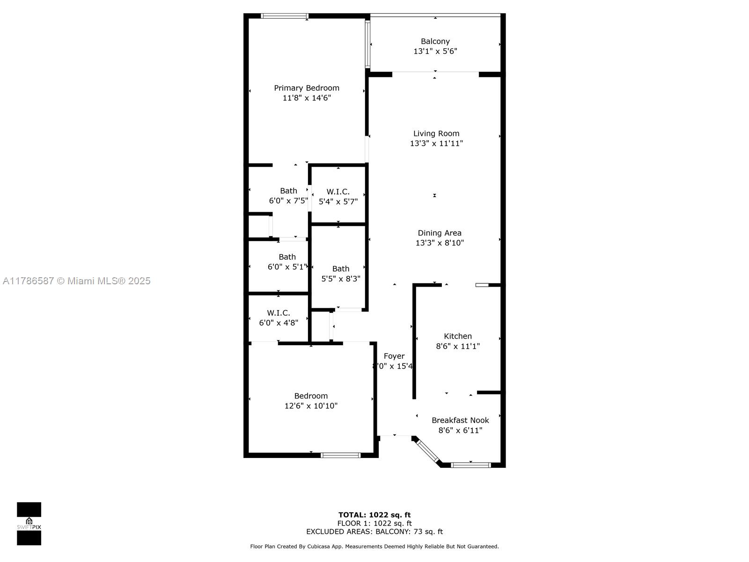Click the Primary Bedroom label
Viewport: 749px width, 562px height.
click(x=307, y=88)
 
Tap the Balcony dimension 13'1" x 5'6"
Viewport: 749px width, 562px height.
click(x=435, y=51)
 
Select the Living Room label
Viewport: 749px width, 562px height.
click(x=436, y=133)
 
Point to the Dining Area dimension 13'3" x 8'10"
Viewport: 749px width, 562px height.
click(x=440, y=243)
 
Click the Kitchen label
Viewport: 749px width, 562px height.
click(x=457, y=336)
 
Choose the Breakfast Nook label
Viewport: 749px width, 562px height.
click(x=460, y=421)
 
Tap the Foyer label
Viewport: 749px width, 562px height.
click(x=394, y=356)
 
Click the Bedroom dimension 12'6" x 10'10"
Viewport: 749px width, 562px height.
click(x=311, y=406)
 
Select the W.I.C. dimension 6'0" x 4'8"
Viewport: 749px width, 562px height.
click(x=279, y=323)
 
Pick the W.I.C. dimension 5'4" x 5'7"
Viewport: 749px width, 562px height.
click(x=338, y=202)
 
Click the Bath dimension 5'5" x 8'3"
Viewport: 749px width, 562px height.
click(x=340, y=279)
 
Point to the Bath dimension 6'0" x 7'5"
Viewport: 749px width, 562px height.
click(x=288, y=200)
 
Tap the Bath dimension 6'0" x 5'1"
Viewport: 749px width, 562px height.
click(x=287, y=267)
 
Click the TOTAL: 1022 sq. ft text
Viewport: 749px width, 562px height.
click(x=374, y=515)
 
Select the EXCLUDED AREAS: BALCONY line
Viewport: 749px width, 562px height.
click(x=374, y=532)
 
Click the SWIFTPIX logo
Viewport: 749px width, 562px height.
click(x=29, y=524)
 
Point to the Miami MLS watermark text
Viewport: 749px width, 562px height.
click(x=76, y=281)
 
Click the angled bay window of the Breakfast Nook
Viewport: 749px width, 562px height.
click(x=427, y=451)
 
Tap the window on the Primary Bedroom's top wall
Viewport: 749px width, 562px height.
click(x=284, y=16)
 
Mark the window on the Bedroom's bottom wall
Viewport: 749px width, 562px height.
click(x=340, y=455)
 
